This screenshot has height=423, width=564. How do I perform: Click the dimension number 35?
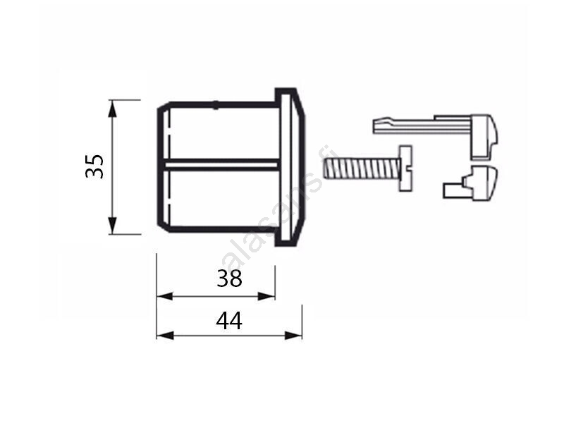[94, 166]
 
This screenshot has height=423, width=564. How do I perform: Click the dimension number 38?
[230, 278]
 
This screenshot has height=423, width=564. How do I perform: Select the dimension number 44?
[229, 321]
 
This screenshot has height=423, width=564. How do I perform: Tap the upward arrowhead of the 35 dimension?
[113, 109]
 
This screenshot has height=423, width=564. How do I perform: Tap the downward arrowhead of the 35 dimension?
[113, 225]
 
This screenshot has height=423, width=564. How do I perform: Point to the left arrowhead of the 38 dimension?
[165, 297]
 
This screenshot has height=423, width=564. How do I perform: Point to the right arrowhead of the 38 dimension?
[266, 297]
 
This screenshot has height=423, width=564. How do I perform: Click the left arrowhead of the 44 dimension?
[165, 336]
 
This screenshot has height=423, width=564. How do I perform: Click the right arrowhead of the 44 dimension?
[293, 336]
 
